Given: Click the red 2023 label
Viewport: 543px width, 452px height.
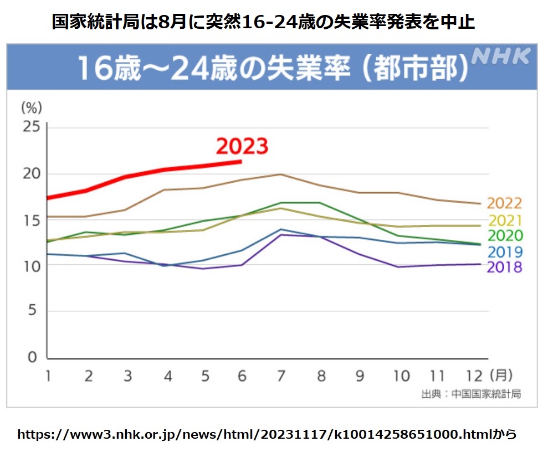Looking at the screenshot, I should (x=242, y=147).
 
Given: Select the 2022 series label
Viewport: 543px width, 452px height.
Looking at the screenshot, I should (x=504, y=203).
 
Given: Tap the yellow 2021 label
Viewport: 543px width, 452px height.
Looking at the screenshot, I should (x=504, y=220).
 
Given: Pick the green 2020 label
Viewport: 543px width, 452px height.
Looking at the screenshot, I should (x=504, y=236).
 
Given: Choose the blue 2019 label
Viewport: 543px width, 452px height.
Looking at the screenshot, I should (x=504, y=252).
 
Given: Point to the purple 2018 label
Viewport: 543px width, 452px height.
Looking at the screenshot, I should (x=504, y=267).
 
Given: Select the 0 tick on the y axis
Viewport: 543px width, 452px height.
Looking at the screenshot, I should (x=33, y=357).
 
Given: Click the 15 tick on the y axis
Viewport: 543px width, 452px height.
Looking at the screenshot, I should (x=32, y=220).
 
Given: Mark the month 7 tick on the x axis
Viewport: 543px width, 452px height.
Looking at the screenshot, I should (x=281, y=376).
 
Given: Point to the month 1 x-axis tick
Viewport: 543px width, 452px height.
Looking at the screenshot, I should (x=48, y=376).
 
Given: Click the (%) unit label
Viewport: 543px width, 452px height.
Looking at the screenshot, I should (x=32, y=106).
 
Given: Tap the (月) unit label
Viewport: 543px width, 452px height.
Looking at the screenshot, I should (x=501, y=376).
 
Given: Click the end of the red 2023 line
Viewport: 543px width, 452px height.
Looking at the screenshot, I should (x=241, y=161).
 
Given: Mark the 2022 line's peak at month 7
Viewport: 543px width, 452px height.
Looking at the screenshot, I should (x=281, y=174).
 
